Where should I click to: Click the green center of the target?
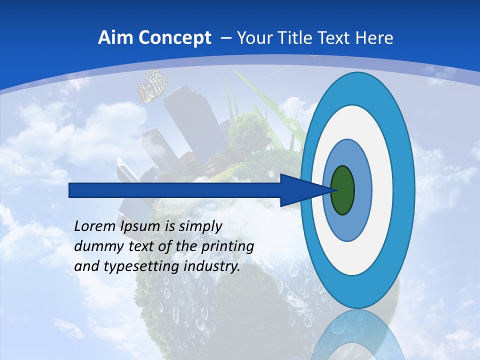342,190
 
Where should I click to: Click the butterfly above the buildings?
152,85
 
